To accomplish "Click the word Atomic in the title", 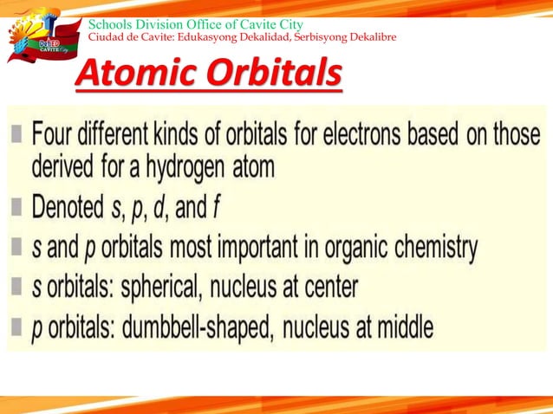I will [x=130, y=75].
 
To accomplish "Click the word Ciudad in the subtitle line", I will [x=107, y=37].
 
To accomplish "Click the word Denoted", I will [x=72, y=206].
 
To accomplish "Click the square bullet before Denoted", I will [x=18, y=206].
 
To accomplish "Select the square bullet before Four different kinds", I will [x=18, y=137].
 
